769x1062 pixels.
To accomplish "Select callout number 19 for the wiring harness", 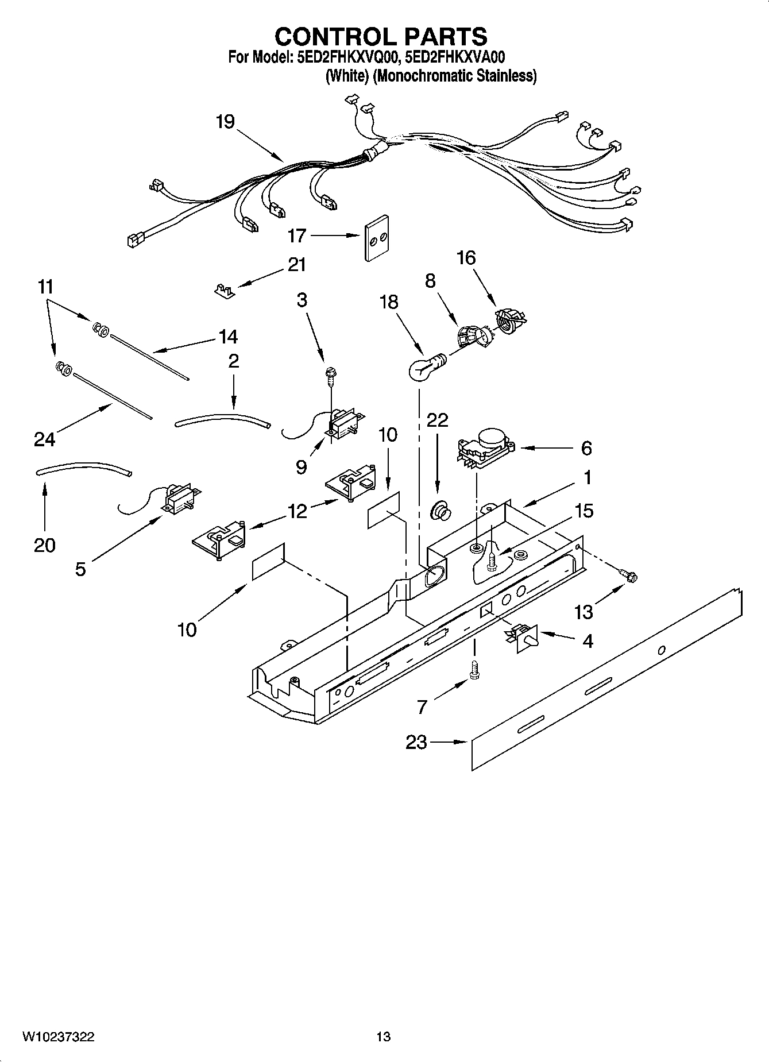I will click(x=225, y=122).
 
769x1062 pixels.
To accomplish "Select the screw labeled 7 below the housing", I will click(x=474, y=670).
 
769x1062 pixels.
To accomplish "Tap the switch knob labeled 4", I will click(x=524, y=636).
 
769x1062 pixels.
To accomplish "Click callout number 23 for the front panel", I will click(x=416, y=742).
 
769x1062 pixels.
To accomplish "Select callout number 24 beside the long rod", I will click(x=44, y=439).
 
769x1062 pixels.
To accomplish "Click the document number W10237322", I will click(x=59, y=1037).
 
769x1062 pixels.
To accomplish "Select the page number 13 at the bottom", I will click(x=383, y=1037).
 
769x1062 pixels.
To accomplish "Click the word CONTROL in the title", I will click(x=330, y=37).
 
